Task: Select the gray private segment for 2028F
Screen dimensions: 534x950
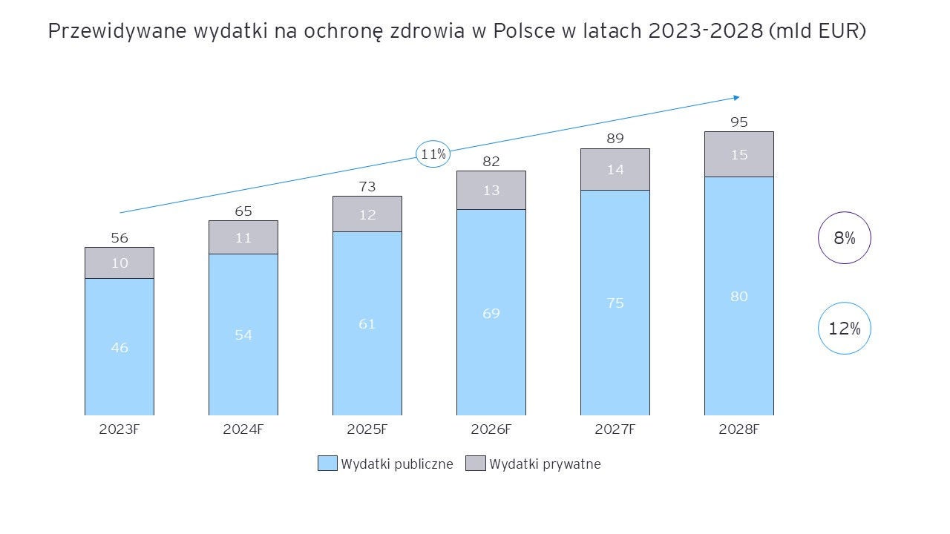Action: point(738,154)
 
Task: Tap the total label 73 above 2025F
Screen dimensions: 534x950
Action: point(367,186)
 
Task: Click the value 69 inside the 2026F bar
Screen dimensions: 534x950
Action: point(491,313)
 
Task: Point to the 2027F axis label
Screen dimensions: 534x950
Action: point(615,429)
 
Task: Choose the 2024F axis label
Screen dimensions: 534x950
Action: point(243,429)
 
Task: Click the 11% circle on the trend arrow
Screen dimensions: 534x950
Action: point(433,154)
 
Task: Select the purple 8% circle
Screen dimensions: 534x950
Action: point(844,238)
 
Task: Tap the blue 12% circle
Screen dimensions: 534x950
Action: point(844,328)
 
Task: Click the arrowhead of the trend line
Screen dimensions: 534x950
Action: point(736,97)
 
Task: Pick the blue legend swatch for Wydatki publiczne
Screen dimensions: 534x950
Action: point(327,464)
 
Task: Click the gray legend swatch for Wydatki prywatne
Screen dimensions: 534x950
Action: point(475,464)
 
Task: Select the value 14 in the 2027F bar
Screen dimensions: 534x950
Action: point(615,169)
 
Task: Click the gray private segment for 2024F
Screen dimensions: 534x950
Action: point(243,237)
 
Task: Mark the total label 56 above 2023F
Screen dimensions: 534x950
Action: point(119,238)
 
